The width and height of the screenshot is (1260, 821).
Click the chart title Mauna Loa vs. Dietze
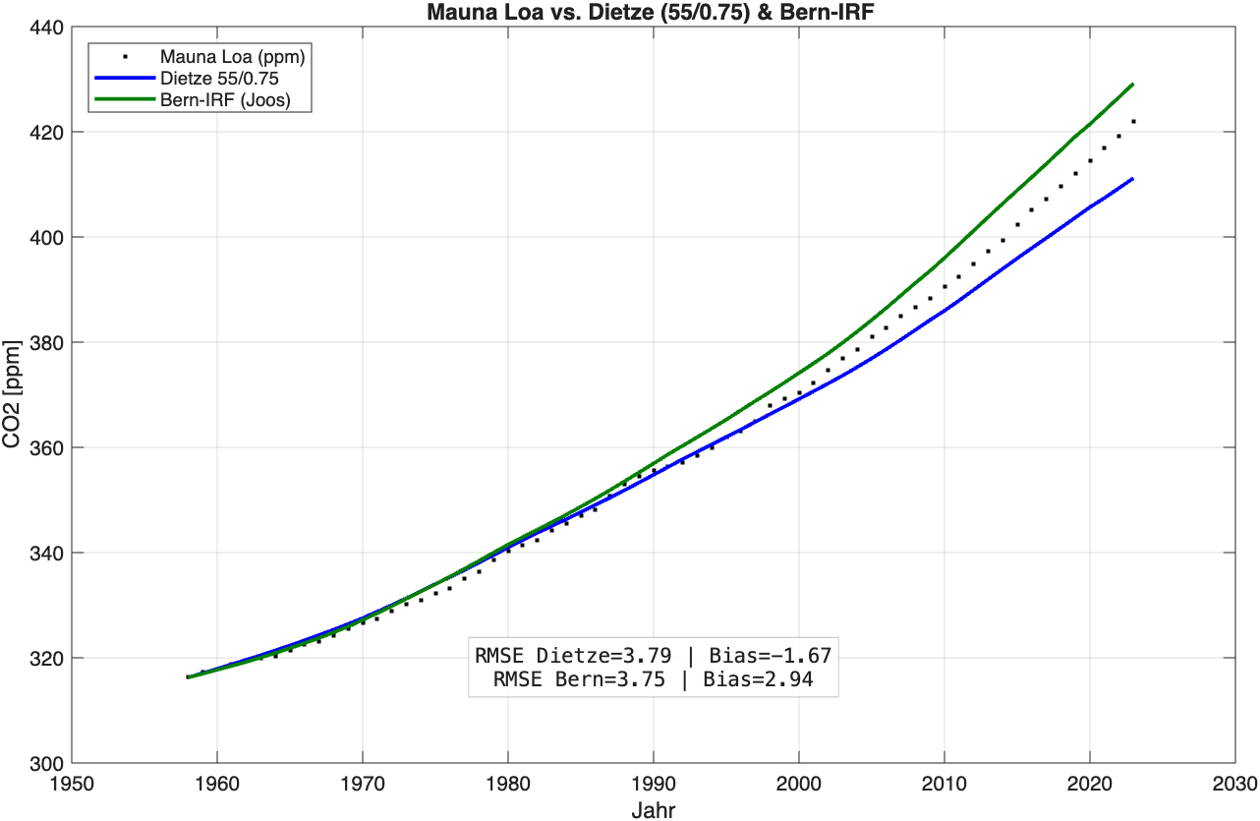tap(650, 14)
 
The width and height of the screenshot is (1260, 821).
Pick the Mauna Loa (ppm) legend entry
tap(232, 58)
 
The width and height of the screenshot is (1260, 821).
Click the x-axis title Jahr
tap(653, 809)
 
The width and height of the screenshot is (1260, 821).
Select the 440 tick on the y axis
tap(43, 28)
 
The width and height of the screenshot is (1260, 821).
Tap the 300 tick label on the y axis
tap(43, 763)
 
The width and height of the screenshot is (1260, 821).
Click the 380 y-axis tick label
tap(43, 343)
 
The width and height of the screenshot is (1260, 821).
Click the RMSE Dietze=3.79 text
tap(569, 656)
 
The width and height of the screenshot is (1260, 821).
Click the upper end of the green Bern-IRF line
tap(1133, 85)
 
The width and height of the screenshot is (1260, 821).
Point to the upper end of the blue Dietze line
tap(1133, 179)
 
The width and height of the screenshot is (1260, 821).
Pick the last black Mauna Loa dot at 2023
tap(1133, 122)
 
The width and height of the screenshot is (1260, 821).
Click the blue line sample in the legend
tap(125, 79)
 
